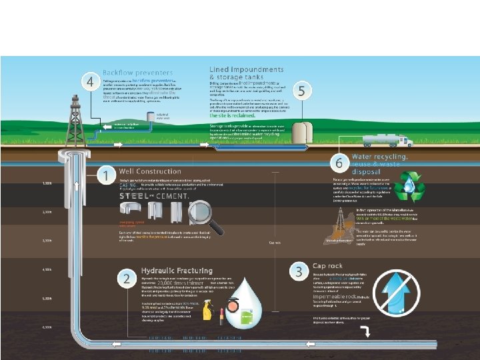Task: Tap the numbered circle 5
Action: coord(303,91)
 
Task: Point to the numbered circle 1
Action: coord(106,176)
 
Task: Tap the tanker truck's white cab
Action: coord(407,140)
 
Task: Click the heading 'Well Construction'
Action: coord(149,172)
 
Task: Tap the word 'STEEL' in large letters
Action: coord(137,196)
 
